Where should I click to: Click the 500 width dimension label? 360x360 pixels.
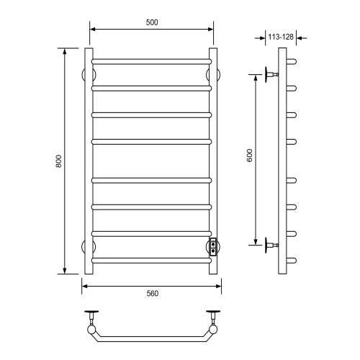(152, 22)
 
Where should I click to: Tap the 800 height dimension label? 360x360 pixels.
(59, 161)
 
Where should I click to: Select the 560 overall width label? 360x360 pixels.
(153, 293)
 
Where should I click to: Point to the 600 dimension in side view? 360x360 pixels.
(250, 156)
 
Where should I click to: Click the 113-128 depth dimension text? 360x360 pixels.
(281, 37)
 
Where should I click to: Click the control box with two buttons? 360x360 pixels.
(213, 247)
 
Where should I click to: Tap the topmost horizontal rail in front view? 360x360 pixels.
(151, 62)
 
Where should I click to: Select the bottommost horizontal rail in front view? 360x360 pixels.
(151, 261)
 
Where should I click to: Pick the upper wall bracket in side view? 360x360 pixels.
(271, 75)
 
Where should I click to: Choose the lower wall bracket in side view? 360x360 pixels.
(271, 245)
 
